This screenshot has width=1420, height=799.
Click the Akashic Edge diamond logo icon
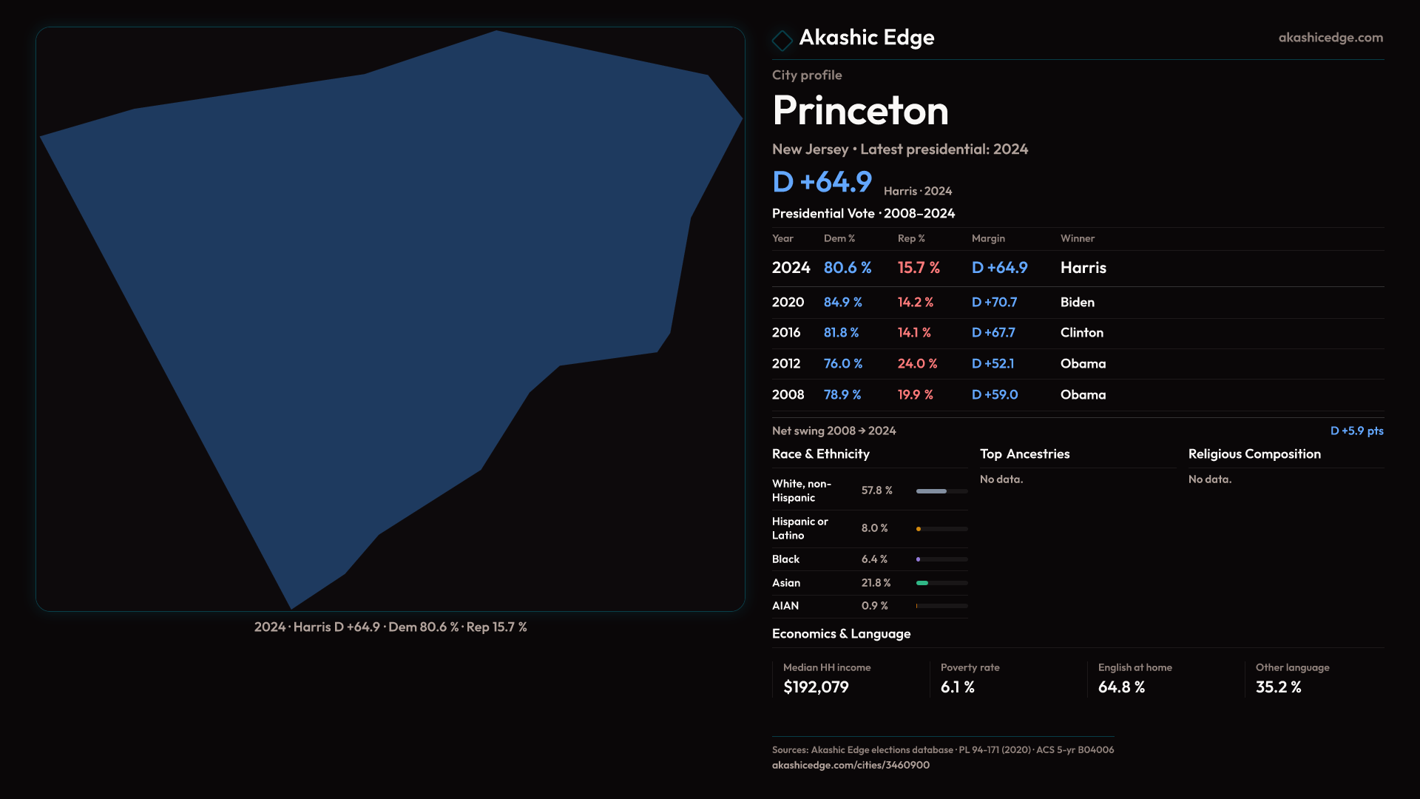(782, 40)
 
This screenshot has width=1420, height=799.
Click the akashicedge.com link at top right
(1330, 38)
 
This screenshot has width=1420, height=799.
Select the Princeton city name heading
(860, 111)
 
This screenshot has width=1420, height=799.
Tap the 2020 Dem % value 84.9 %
(842, 303)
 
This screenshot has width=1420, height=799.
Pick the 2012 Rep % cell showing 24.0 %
(917, 364)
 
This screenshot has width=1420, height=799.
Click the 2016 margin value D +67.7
(993, 333)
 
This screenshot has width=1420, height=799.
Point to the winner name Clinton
(1081, 333)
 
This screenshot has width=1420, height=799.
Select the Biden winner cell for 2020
(1077, 303)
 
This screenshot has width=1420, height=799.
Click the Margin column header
(988, 238)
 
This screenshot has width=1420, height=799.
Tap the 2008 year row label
(788, 395)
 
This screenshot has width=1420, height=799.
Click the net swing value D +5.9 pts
(1356, 431)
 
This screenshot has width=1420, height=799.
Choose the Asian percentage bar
(941, 583)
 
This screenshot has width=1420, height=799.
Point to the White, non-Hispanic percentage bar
(941, 491)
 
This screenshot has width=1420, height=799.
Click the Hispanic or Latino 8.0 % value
(874, 528)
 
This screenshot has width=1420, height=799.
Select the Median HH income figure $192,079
(816, 687)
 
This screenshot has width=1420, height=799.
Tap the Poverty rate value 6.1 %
(957, 687)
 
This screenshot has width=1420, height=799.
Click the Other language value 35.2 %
(1278, 687)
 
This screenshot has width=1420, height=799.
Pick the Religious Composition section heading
(1254, 454)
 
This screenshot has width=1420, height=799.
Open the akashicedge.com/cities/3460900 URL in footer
(851, 765)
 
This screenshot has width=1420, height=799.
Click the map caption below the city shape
(390, 627)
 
